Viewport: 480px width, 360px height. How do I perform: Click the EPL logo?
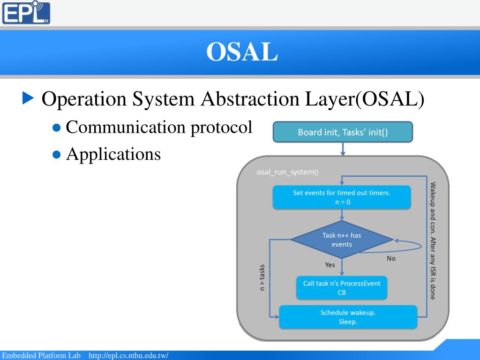pos(26,13)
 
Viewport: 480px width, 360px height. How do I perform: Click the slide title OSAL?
pos(242,52)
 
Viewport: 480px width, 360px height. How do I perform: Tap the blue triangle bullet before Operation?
pos(29,98)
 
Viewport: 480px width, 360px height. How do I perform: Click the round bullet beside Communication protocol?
pos(57,128)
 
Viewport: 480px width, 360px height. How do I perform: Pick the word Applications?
pos(113,154)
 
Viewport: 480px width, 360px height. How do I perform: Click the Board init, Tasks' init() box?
pos(343,132)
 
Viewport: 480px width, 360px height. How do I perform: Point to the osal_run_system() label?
pos(287,172)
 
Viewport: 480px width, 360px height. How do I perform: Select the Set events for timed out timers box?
pos(342,197)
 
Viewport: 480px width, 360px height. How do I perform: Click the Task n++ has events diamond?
pos(342,240)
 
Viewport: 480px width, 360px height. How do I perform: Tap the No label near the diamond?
pos(391,258)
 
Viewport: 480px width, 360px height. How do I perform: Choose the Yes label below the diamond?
pos(330,265)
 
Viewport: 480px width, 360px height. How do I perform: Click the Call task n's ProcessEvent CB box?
pos(342,288)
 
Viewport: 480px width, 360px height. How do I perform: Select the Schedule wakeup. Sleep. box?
pos(348,317)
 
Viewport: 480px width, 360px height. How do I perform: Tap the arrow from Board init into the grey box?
pos(343,149)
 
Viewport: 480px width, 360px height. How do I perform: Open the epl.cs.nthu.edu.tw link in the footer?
pos(128,356)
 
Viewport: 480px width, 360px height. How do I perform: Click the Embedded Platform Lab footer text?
pos(42,356)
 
